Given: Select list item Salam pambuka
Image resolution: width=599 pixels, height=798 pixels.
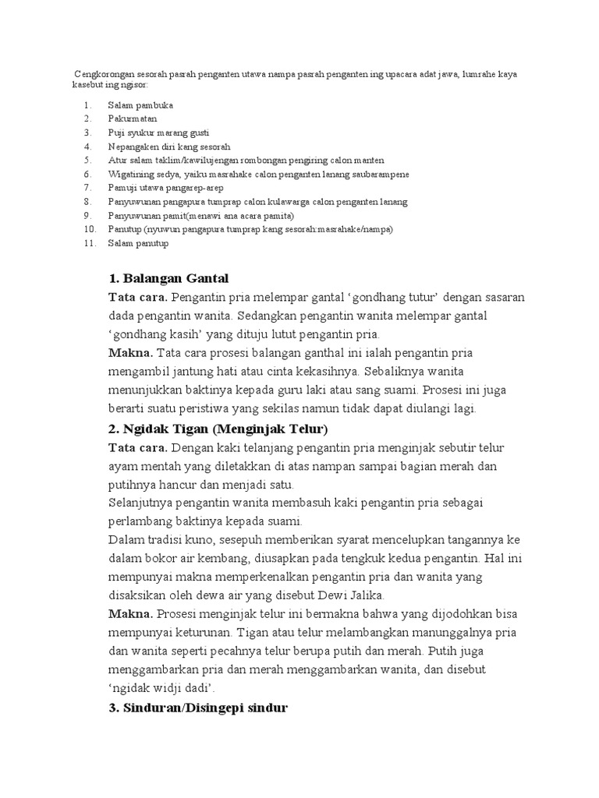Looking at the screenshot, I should [x=140, y=104].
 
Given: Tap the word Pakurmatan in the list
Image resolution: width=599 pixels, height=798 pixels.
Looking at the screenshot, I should [x=133, y=118].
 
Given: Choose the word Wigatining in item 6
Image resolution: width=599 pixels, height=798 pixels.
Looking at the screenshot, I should [x=130, y=174].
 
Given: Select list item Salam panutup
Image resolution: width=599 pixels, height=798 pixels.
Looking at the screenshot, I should [x=138, y=243].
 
